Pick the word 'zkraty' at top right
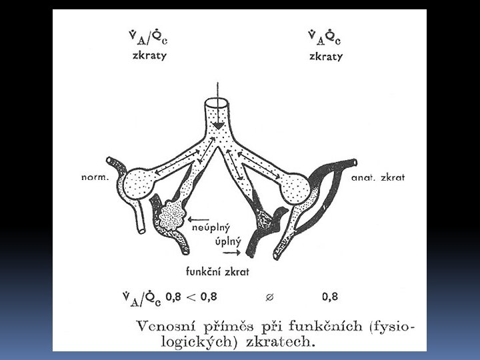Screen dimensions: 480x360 tap(325, 56)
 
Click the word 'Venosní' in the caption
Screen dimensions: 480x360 tap(165, 326)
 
